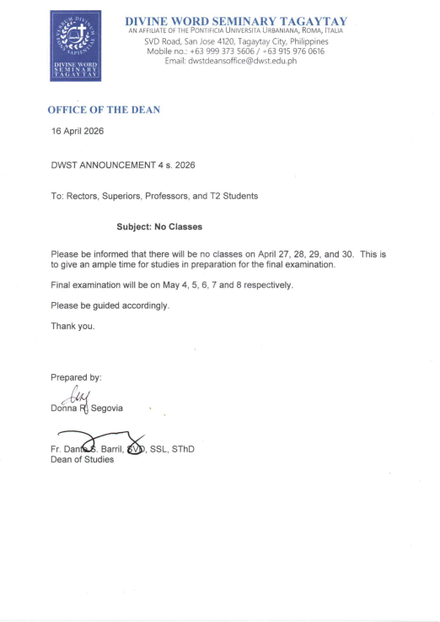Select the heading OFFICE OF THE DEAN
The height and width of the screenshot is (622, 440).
(x=104, y=110)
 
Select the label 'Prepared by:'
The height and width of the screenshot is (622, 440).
(x=76, y=376)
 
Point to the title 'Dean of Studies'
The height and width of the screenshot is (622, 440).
(x=82, y=460)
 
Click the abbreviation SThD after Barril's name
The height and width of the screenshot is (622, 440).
(x=181, y=449)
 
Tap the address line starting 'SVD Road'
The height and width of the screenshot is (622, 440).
(x=236, y=41)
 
